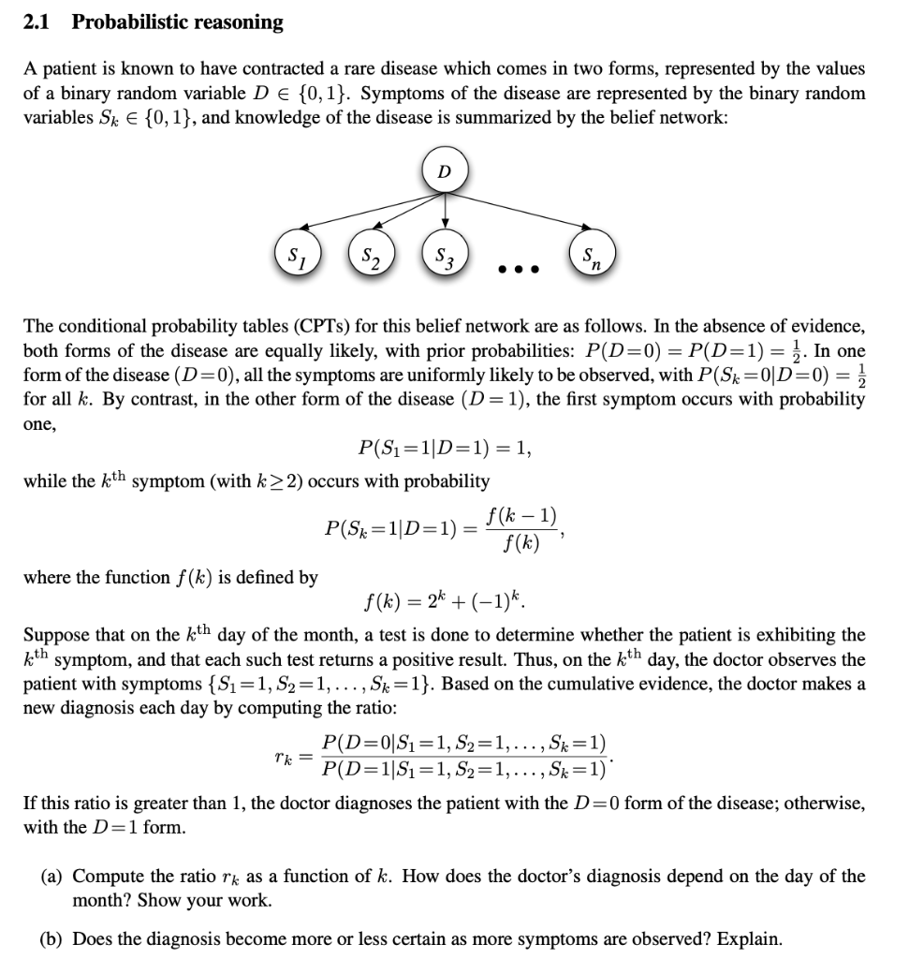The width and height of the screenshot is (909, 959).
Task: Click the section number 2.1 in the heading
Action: pyautogui.click(x=37, y=22)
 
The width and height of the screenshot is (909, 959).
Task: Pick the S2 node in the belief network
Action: pyautogui.click(x=372, y=254)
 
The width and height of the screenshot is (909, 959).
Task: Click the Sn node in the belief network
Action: pyautogui.click(x=590, y=254)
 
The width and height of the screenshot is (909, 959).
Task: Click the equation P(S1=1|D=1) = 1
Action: pyautogui.click(x=445, y=448)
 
